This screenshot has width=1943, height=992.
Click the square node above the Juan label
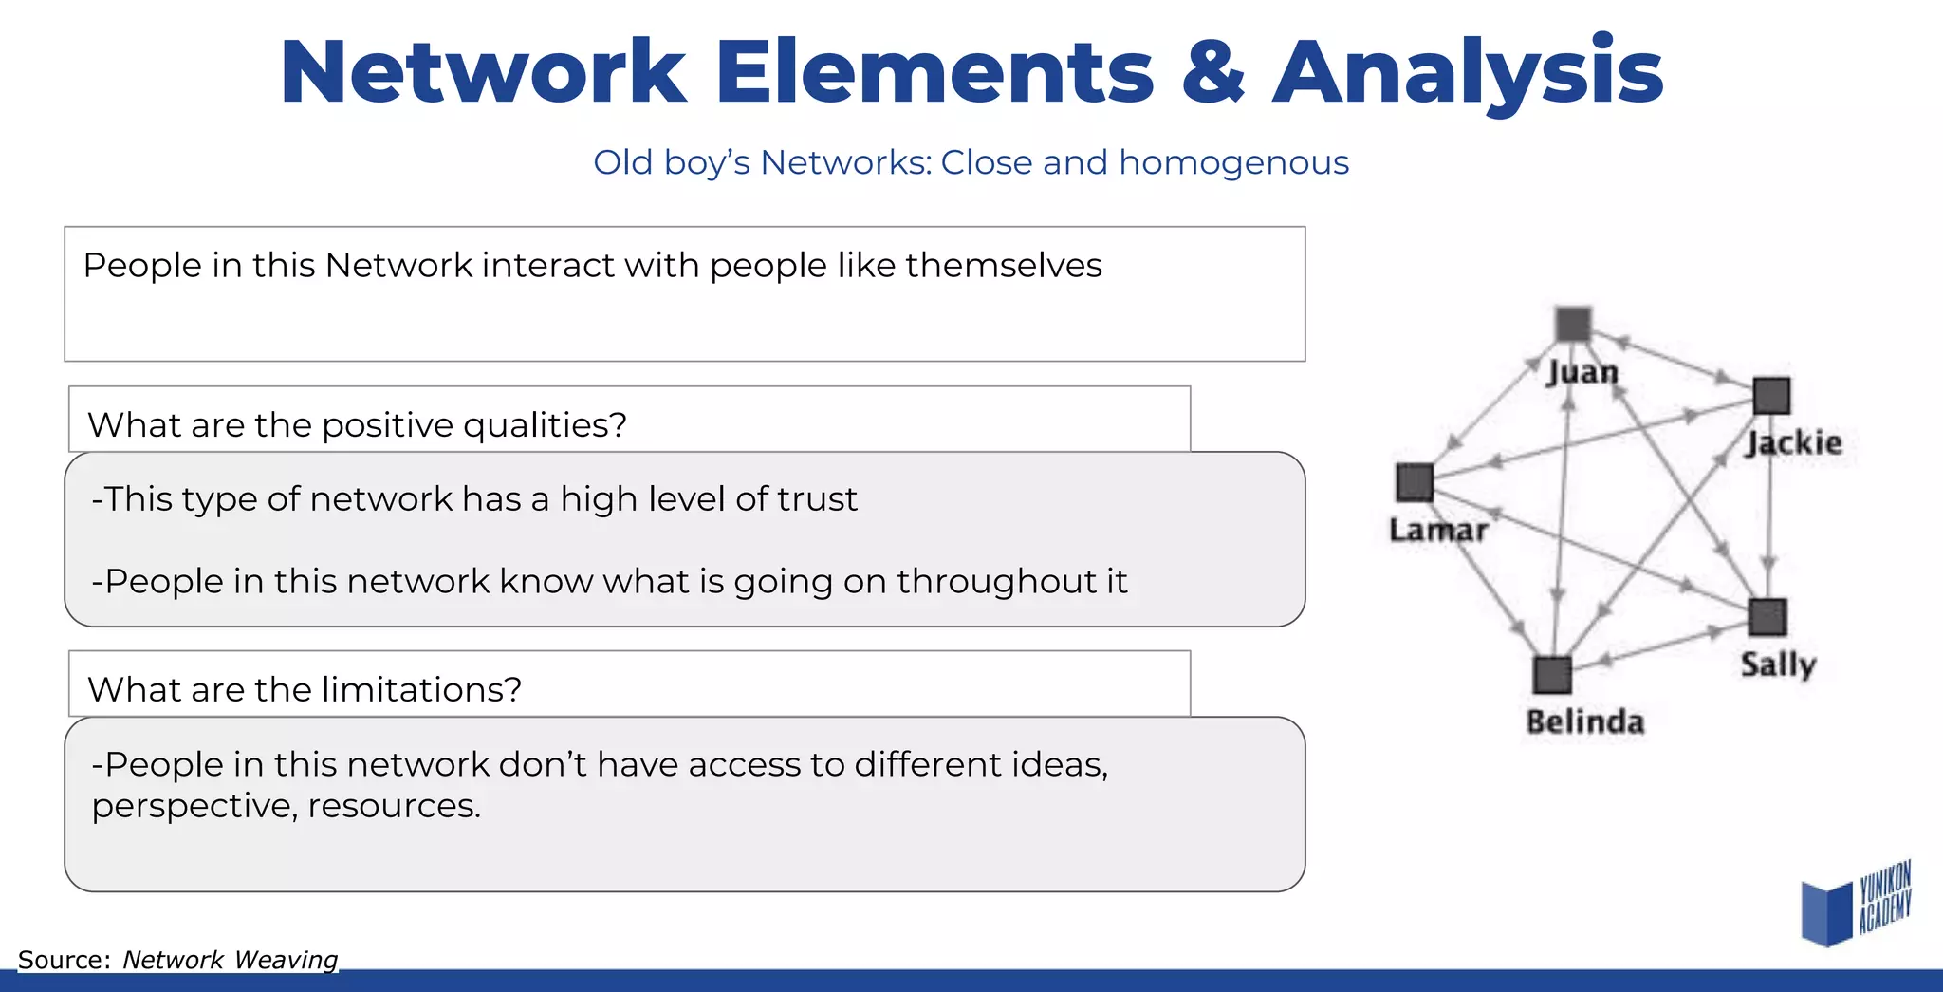pos(1573,325)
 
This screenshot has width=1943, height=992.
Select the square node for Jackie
pos(1770,395)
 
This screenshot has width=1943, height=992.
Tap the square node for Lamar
pos(1415,482)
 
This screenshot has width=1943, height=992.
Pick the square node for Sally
pos(1767,617)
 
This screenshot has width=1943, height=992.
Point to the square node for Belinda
pos(1552,675)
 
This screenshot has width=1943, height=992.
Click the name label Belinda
pos(1584,722)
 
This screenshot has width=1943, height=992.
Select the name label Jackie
pos(1793,443)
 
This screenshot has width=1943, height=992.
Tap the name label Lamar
pos(1438,530)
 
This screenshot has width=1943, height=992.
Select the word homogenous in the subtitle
pos(1233,163)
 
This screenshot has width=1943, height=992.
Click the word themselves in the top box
pos(1004,266)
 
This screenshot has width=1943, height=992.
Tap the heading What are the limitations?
pos(305,689)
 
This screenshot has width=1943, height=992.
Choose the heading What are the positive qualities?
pos(357,424)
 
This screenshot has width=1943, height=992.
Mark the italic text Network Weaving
pos(230,960)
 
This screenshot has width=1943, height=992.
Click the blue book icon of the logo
pos(1826,912)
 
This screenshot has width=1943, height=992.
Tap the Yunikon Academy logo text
pos(1884,897)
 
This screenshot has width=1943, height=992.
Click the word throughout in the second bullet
pos(983,581)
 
